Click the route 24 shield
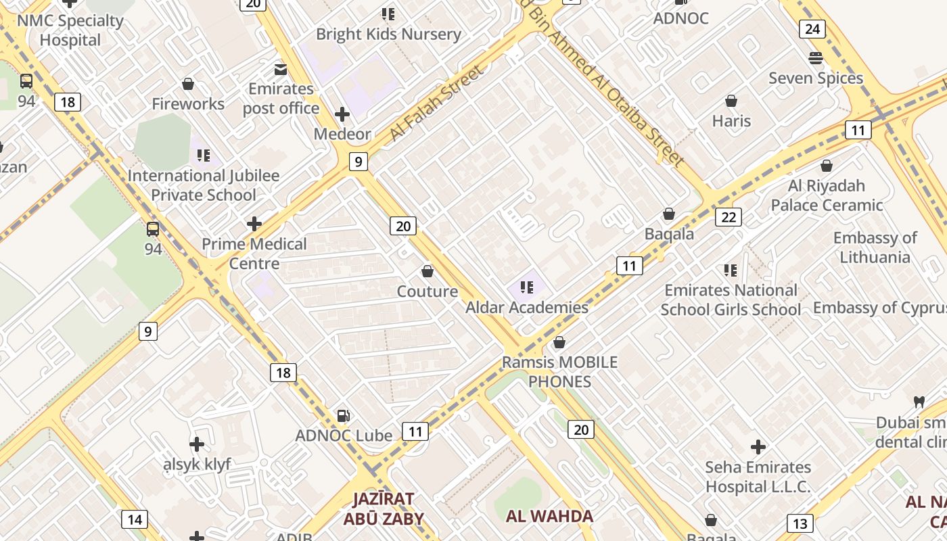pyautogui.click(x=812, y=29)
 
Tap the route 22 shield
pyautogui.click(x=728, y=217)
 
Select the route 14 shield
pyautogui.click(x=135, y=519)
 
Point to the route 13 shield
pyautogui.click(x=800, y=523)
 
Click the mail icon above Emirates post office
pyautogui.click(x=280, y=69)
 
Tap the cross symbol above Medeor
pyautogui.click(x=342, y=114)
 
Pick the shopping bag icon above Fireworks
pyautogui.click(x=188, y=84)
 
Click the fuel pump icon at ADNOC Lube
pyautogui.click(x=344, y=415)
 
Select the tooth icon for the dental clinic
pyautogui.click(x=919, y=402)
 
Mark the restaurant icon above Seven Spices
pyautogui.click(x=816, y=58)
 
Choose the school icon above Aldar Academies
pyautogui.click(x=527, y=287)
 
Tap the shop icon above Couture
pyautogui.click(x=428, y=272)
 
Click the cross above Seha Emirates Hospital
pyautogui.click(x=758, y=447)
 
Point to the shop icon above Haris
pyautogui.click(x=731, y=101)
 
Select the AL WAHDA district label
pyautogui.click(x=549, y=516)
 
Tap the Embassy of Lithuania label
pyautogui.click(x=875, y=248)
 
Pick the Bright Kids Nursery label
pyautogui.click(x=388, y=34)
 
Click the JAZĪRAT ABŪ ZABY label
pyautogui.click(x=384, y=509)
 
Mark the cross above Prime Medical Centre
pyautogui.click(x=254, y=224)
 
